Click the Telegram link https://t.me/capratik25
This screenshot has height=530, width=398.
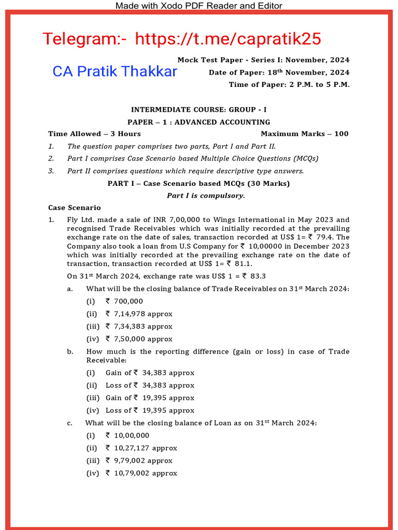(x=228, y=38)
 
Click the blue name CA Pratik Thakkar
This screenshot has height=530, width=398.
(x=115, y=71)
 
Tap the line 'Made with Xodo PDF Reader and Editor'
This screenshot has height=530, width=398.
(x=198, y=6)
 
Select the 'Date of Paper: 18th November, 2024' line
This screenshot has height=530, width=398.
(x=279, y=72)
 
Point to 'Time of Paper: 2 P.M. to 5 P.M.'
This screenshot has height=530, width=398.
(x=289, y=84)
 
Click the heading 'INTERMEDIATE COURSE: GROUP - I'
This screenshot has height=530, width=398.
(x=199, y=110)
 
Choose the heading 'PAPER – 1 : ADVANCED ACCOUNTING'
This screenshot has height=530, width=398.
(x=199, y=122)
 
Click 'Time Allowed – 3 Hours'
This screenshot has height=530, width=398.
(x=94, y=134)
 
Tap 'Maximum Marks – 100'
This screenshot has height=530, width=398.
(x=305, y=134)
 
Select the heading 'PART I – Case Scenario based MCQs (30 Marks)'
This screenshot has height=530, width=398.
(x=199, y=184)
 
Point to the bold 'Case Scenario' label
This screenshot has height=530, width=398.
(x=75, y=208)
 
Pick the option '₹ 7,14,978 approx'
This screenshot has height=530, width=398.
(x=139, y=314)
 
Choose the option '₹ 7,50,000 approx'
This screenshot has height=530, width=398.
(x=139, y=339)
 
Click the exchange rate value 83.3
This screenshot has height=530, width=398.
(x=258, y=276)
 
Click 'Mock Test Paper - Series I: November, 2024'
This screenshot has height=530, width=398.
(x=263, y=60)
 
